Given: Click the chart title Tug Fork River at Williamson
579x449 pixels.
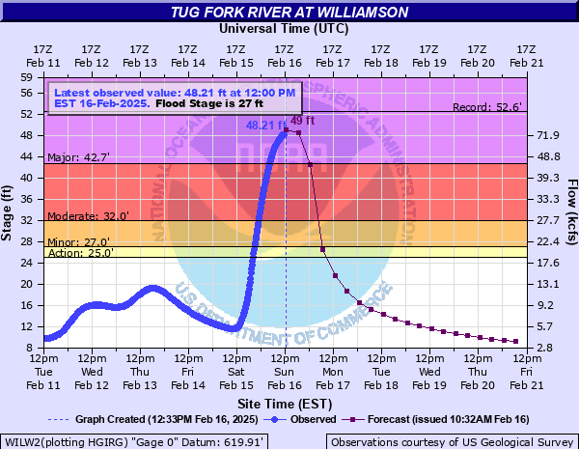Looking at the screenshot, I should pyautogui.click(x=289, y=12).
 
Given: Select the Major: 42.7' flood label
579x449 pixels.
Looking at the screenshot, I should pyautogui.click(x=78, y=155).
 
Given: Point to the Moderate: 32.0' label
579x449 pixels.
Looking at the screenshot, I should pyautogui.click(x=86, y=216).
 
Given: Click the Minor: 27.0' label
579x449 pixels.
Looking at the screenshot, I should pyautogui.click(x=78, y=242).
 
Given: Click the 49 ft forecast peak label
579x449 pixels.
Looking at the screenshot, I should pyautogui.click(x=303, y=120).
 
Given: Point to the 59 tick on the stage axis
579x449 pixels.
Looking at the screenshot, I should pyautogui.click(x=26, y=76).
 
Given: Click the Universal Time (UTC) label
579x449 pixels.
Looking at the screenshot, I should pyautogui.click(x=285, y=29).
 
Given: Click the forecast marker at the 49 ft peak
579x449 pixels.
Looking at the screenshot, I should pyautogui.click(x=287, y=130).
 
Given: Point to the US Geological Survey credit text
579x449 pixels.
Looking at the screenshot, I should pyautogui.click(x=451, y=441).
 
